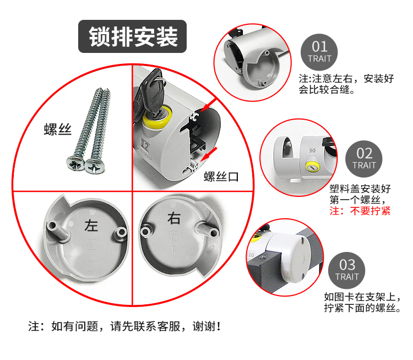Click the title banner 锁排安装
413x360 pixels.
[x=133, y=36]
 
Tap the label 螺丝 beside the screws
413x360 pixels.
[x=58, y=129]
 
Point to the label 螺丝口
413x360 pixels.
[x=221, y=176]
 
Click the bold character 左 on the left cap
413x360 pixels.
[x=91, y=226]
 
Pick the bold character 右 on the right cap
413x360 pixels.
[x=174, y=219]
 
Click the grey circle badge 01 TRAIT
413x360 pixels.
[x=319, y=52]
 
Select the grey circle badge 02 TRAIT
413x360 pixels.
[x=364, y=159]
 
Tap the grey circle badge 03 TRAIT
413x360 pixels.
[x=346, y=270]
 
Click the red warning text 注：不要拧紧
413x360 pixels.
[x=360, y=211]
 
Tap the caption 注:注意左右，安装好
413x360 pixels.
[x=346, y=79]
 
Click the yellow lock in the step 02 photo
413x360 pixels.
[x=312, y=167]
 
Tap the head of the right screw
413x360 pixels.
[x=95, y=166]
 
